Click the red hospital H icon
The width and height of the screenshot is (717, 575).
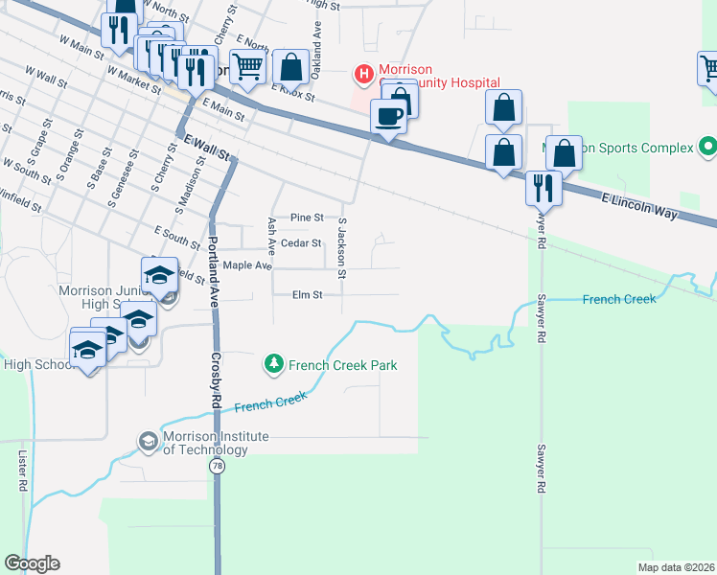(364, 73)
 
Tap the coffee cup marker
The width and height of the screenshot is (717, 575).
(388, 118)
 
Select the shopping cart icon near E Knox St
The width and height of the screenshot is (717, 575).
(247, 67)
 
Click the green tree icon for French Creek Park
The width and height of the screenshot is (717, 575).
(274, 364)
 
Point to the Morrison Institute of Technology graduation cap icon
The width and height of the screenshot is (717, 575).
(149, 442)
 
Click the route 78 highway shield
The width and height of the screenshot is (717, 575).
(218, 466)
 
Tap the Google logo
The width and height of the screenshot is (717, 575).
(32, 563)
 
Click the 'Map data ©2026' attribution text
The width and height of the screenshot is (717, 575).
(676, 567)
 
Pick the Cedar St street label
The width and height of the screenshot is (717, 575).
(301, 243)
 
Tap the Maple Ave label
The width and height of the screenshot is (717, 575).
(248, 265)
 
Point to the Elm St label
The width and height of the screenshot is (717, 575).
(308, 295)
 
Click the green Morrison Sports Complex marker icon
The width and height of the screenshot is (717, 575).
(707, 148)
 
